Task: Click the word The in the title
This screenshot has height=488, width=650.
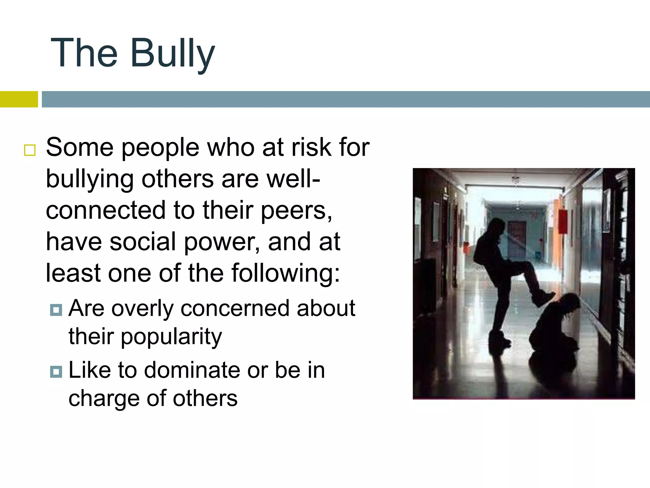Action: [x=84, y=53]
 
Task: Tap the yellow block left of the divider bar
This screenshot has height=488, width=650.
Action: [x=19, y=99]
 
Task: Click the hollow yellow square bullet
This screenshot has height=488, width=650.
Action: [x=30, y=150]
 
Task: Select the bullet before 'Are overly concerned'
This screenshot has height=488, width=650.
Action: [x=56, y=309]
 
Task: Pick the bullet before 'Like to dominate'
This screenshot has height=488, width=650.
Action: [x=56, y=371]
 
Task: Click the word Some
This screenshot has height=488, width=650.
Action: [x=80, y=147]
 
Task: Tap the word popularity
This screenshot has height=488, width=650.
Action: [x=171, y=337]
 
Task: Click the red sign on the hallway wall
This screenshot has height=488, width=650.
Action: [x=563, y=221]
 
